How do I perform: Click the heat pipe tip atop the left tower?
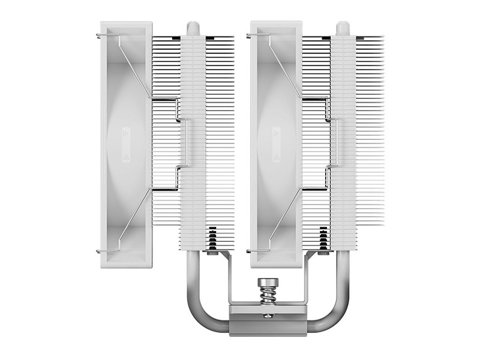point(192,28)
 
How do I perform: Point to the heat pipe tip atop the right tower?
point(343,28)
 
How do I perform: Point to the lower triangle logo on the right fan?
point(275,154)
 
